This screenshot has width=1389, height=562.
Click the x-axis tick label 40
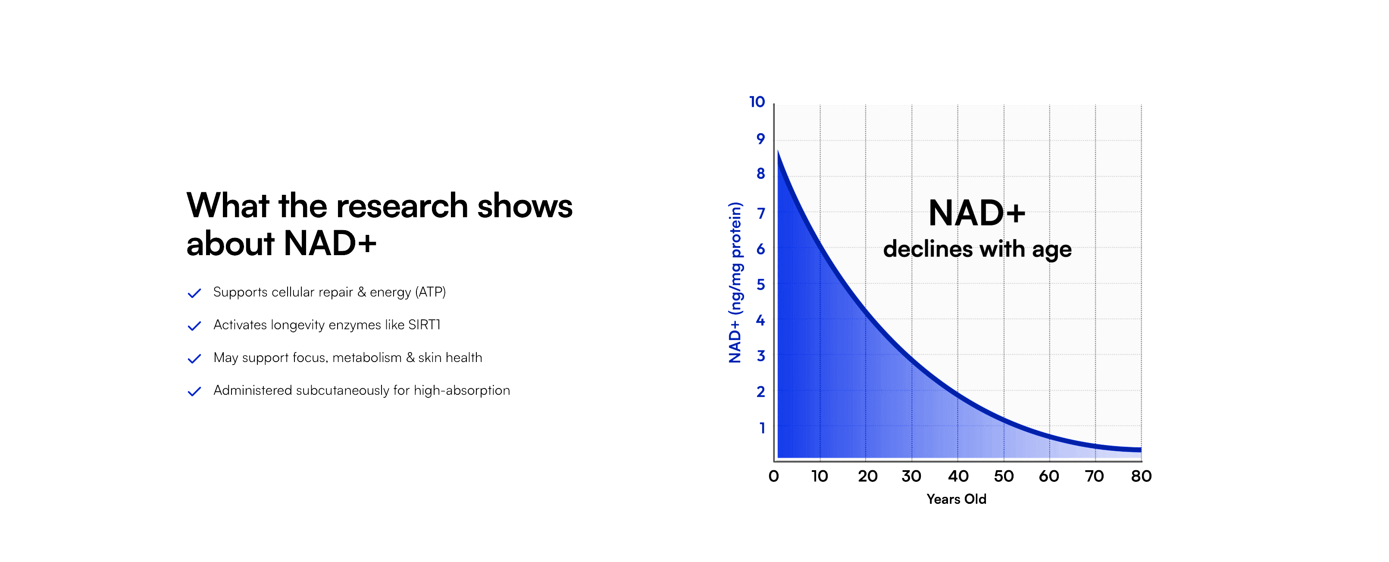pyautogui.click(x=958, y=476)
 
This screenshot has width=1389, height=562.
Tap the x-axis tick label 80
pyautogui.click(x=1141, y=476)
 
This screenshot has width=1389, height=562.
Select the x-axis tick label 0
pyautogui.click(x=773, y=476)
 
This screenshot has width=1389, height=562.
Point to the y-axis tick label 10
pyautogui.click(x=757, y=102)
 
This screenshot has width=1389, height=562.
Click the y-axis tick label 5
pyautogui.click(x=760, y=284)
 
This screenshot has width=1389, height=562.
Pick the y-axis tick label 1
pyautogui.click(x=761, y=428)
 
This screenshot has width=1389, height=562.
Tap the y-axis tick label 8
pyautogui.click(x=760, y=174)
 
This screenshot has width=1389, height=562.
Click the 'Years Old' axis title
pyautogui.click(x=956, y=499)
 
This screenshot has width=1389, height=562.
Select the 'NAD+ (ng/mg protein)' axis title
pyautogui.click(x=735, y=282)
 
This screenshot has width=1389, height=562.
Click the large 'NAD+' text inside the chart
pyautogui.click(x=976, y=213)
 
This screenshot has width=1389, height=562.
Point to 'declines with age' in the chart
pyautogui.click(x=977, y=249)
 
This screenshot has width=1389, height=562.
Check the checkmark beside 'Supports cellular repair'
pyautogui.click(x=194, y=293)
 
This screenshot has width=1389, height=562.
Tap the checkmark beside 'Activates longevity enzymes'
pyautogui.click(x=194, y=326)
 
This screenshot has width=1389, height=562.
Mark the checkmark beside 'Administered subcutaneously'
pyautogui.click(x=194, y=391)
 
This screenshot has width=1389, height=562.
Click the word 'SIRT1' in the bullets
pyautogui.click(x=424, y=325)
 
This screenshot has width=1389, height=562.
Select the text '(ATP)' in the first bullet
pyautogui.click(x=430, y=292)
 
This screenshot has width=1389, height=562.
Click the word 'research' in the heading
pyautogui.click(x=402, y=206)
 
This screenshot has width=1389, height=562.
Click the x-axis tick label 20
pyautogui.click(x=867, y=476)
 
